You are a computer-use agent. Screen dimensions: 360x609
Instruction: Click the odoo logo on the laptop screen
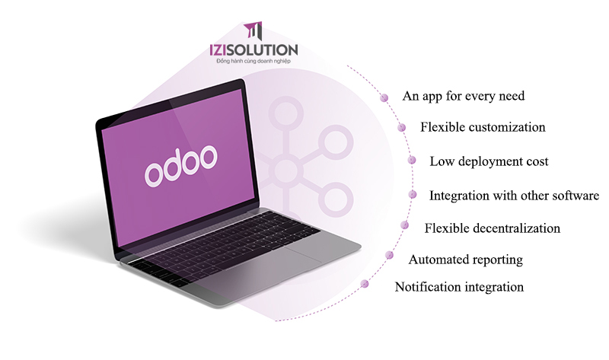(x=181, y=162)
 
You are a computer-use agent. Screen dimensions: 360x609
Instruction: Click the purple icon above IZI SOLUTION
(x=253, y=31)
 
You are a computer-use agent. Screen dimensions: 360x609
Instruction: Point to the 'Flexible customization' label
(x=483, y=126)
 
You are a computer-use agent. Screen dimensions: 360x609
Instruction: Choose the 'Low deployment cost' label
(x=489, y=161)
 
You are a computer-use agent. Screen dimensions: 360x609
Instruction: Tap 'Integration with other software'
(x=514, y=195)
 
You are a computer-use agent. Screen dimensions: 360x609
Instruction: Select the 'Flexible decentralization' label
(x=492, y=228)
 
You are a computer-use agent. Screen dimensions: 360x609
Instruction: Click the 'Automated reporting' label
(x=465, y=260)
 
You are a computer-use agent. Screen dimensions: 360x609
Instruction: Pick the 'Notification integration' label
(x=459, y=287)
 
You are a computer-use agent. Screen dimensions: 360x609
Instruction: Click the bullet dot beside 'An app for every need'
(x=385, y=97)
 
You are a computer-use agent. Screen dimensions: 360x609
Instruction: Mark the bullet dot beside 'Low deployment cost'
(x=412, y=161)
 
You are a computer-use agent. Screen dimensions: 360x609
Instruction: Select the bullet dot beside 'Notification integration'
(x=365, y=284)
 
